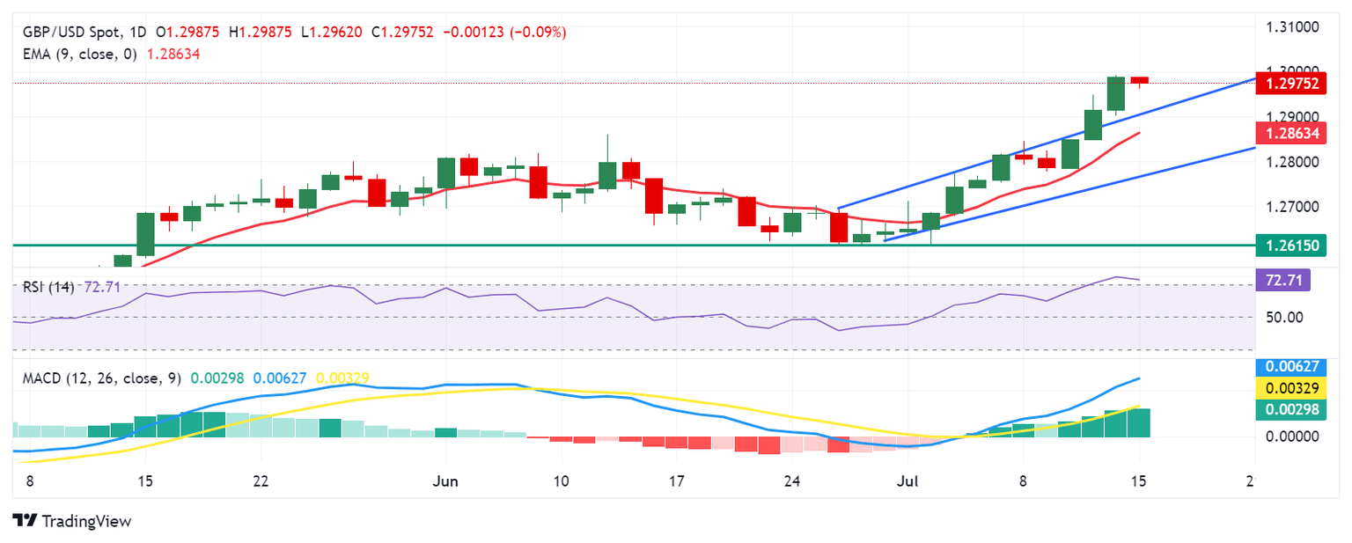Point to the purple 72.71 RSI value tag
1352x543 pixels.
tap(1282, 281)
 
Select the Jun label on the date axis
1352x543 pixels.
tap(446, 481)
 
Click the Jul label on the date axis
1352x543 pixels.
tap(908, 481)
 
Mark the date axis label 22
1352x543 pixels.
tap(261, 481)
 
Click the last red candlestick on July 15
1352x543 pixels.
tap(1140, 80)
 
